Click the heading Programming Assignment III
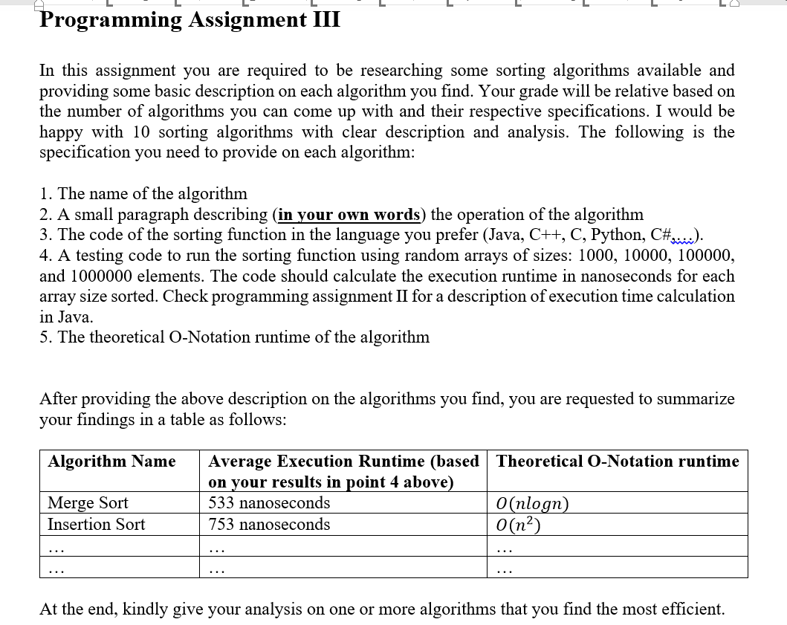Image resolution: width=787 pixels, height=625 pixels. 190,19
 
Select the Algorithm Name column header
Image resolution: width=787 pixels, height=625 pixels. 111,462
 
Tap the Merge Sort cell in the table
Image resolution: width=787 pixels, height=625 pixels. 88,503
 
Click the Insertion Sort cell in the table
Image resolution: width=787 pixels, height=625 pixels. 97,525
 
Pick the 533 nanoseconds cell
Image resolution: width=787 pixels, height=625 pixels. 269,503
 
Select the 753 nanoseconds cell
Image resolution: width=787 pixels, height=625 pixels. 269,525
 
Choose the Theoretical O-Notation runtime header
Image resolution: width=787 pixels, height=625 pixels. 618,462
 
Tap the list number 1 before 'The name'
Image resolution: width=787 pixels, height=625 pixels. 45,194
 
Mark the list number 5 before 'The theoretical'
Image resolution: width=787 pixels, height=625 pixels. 45,337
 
